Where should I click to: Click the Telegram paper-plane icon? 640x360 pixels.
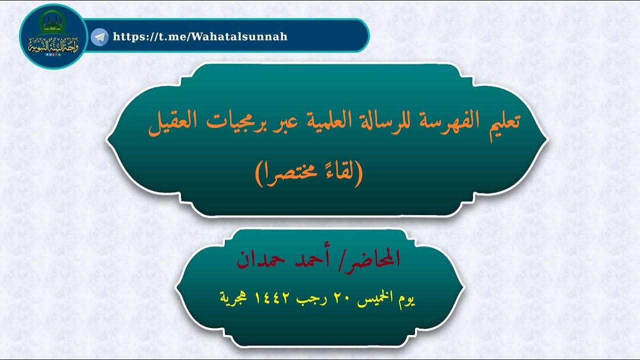click(x=100, y=36)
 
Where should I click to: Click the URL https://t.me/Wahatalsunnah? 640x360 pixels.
click(x=200, y=36)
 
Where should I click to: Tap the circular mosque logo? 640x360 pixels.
click(x=53, y=36)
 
